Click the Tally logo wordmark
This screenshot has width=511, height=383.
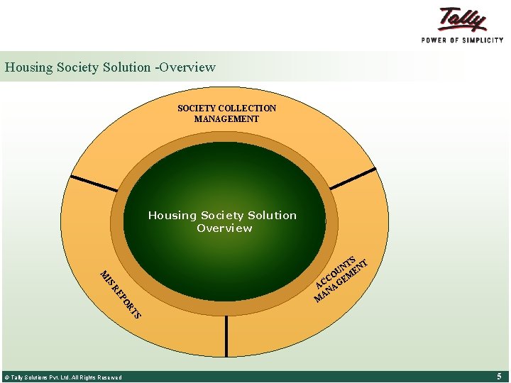(x=463, y=19)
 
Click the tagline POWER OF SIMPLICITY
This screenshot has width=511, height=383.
(x=462, y=40)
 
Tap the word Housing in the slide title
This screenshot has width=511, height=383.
(x=28, y=67)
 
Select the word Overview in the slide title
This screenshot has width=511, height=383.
(x=187, y=67)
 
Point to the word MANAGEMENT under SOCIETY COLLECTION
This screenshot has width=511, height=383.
(x=226, y=119)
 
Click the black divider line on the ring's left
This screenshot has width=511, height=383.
(x=94, y=184)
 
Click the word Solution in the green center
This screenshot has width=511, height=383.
(x=272, y=216)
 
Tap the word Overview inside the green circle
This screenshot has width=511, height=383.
(x=224, y=228)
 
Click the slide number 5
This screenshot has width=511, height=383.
(x=499, y=376)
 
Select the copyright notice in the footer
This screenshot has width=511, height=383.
(x=63, y=377)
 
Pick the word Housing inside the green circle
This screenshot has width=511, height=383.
(x=172, y=216)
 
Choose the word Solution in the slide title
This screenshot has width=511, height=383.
(x=128, y=67)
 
